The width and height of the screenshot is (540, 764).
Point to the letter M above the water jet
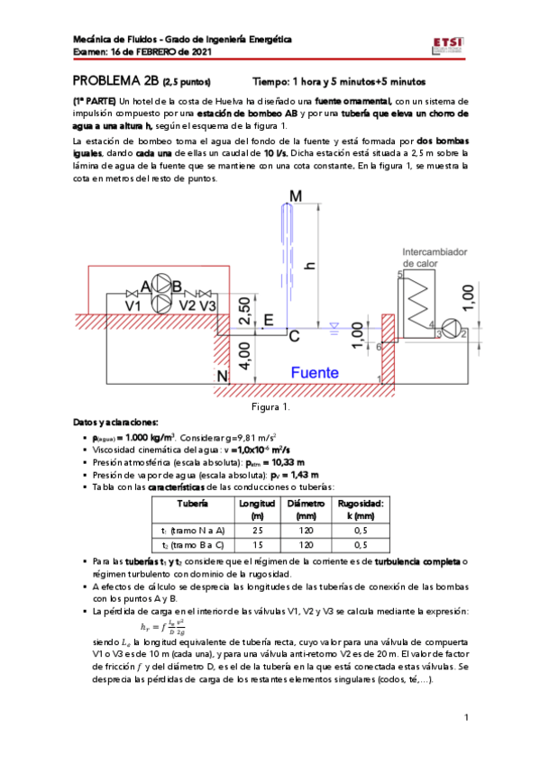(x=297, y=196)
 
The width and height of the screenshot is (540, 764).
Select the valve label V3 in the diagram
(x=207, y=305)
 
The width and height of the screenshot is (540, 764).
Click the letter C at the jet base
(x=293, y=336)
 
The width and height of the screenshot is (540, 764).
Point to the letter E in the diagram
(x=268, y=320)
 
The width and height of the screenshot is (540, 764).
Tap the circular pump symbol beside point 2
(x=453, y=329)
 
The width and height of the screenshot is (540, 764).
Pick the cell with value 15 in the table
(x=257, y=544)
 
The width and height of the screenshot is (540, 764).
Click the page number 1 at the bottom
(x=468, y=717)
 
